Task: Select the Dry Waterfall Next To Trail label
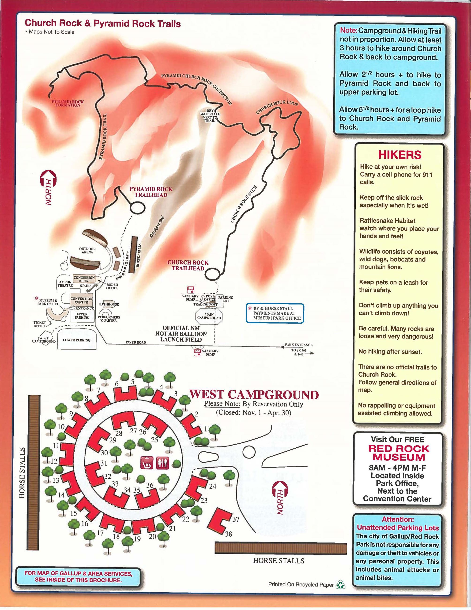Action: [x=210, y=115]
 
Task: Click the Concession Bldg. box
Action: [x=84, y=279]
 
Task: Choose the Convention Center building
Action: [x=81, y=300]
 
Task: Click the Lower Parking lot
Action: [x=76, y=340]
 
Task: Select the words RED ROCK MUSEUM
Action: [x=399, y=453]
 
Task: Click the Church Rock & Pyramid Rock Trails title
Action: [x=103, y=23]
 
